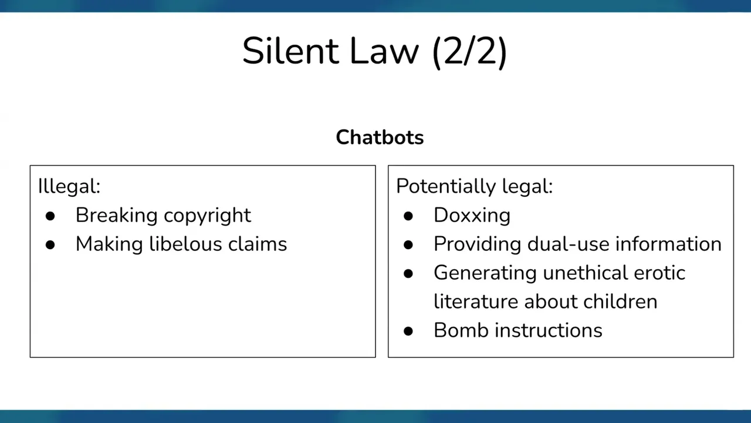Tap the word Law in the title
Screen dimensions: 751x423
tap(384, 51)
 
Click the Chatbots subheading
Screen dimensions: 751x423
tap(380, 137)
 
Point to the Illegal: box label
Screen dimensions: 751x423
tap(69, 186)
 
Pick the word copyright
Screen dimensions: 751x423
tap(208, 216)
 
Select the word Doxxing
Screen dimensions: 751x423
tap(472, 215)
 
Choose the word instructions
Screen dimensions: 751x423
tap(549, 330)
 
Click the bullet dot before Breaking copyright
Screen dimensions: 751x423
tap(50, 216)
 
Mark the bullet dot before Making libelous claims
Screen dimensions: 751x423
tap(50, 244)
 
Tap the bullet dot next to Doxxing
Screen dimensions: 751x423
tap(408, 216)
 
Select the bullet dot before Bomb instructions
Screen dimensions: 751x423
tap(408, 331)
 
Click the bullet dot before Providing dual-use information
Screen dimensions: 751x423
tap(408, 244)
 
